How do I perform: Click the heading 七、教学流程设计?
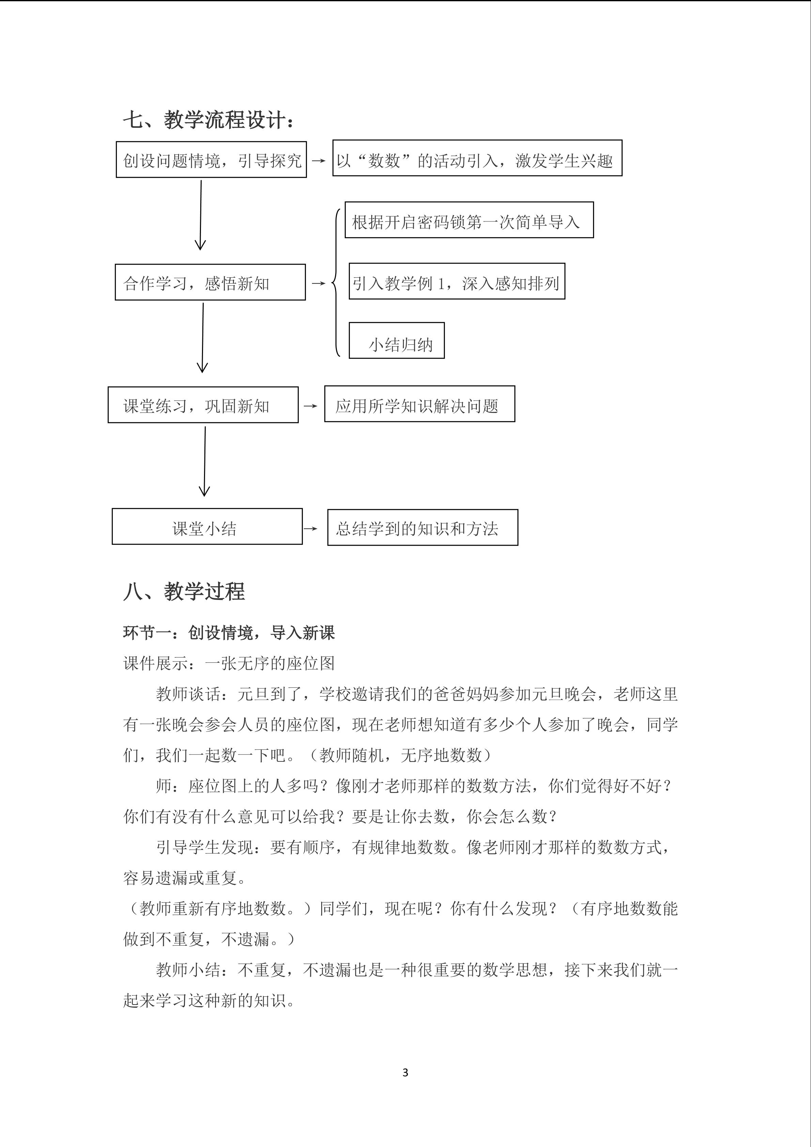pos(209,120)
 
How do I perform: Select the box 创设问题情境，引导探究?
pos(211,160)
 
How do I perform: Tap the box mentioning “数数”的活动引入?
pos(477,158)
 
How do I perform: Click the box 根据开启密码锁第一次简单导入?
pos(469,220)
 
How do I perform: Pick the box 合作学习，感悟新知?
pos(210,282)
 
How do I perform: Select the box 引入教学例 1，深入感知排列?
pos(456,282)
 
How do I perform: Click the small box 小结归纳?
pos(396,341)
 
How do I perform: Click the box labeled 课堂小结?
pos(207,527)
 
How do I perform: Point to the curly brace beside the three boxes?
pos(337,283)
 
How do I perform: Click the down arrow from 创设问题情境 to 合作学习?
pos(201,215)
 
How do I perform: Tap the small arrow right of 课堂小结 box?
pos(310,529)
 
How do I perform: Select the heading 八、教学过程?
pos(184,591)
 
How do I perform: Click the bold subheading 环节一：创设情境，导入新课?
pos(229,633)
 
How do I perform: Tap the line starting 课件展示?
pos(229,663)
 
